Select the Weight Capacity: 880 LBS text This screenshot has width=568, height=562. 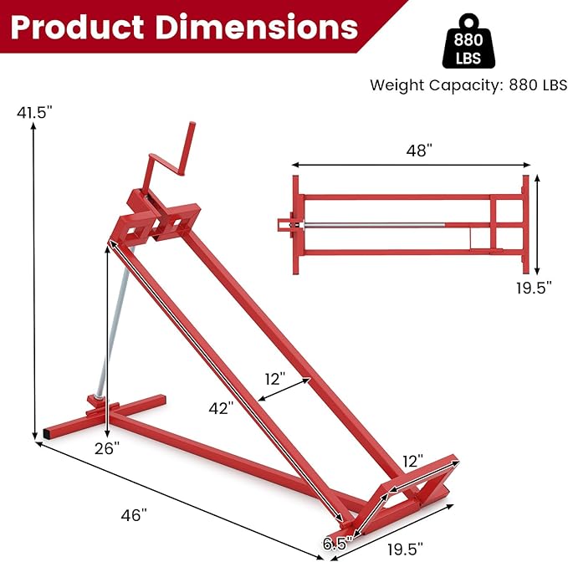coord(468,84)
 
